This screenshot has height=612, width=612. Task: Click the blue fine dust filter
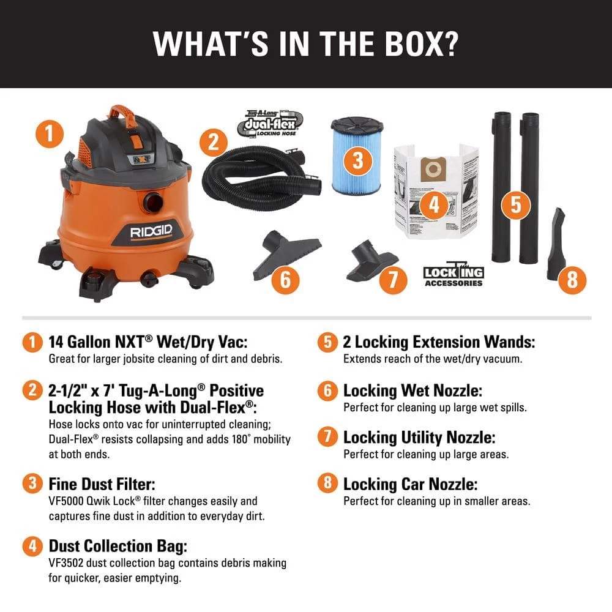357,156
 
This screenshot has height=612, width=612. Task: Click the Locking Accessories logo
453,275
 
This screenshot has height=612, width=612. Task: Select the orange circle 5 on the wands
515,204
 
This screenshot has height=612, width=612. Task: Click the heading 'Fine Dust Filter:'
102,484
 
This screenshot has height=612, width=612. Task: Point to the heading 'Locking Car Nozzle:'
410,484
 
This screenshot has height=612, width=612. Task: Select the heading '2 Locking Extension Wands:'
439,341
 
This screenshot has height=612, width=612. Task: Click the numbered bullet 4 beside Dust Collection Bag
32,546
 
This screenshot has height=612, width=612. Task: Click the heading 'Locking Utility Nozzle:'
419,437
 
